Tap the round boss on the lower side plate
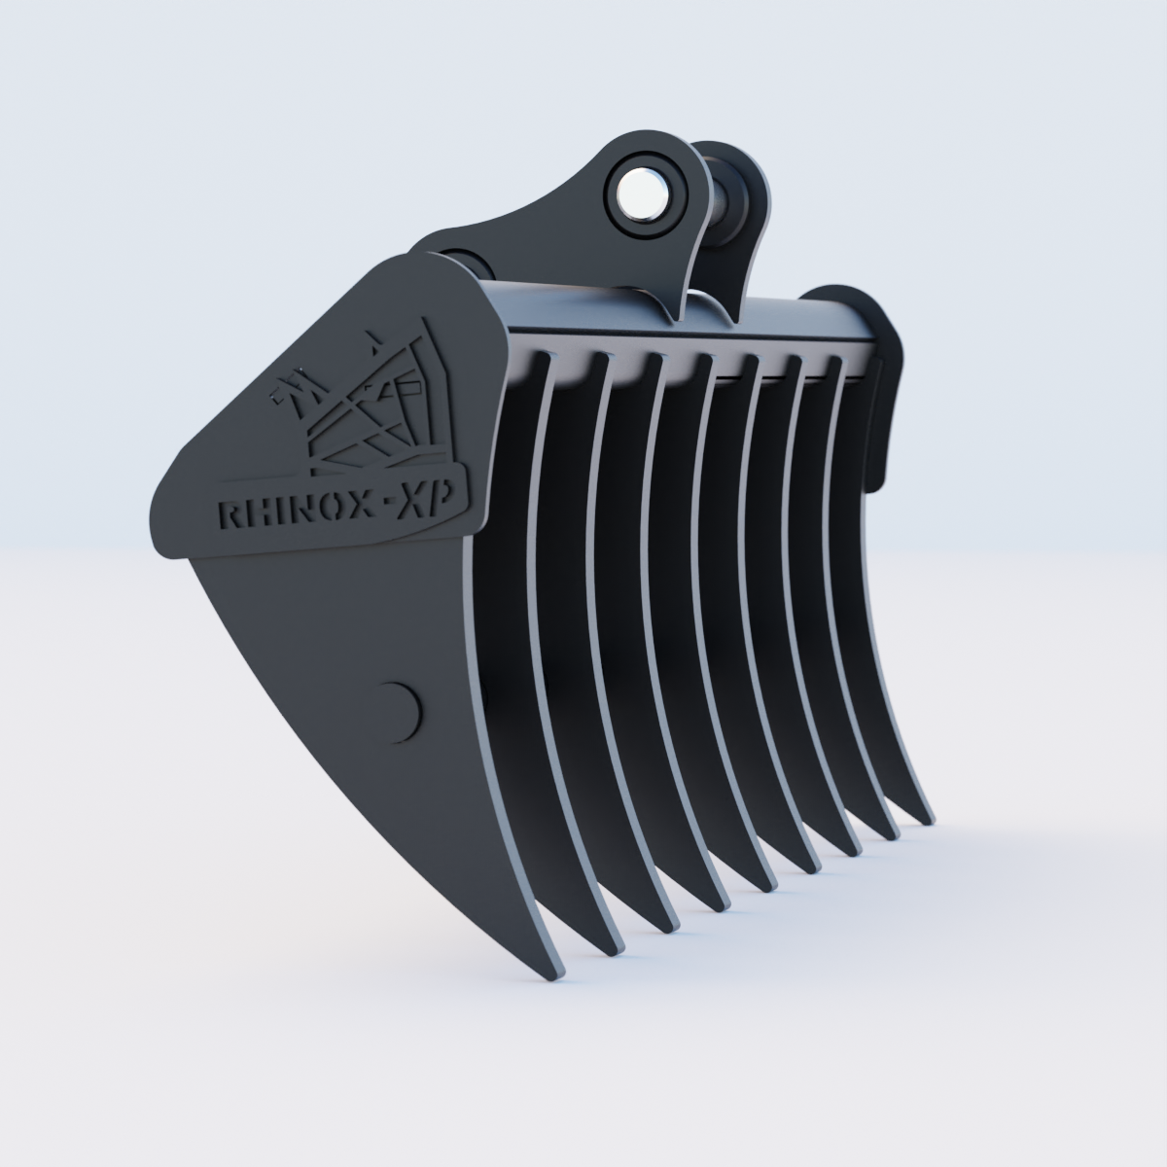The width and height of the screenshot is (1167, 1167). tap(398, 707)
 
